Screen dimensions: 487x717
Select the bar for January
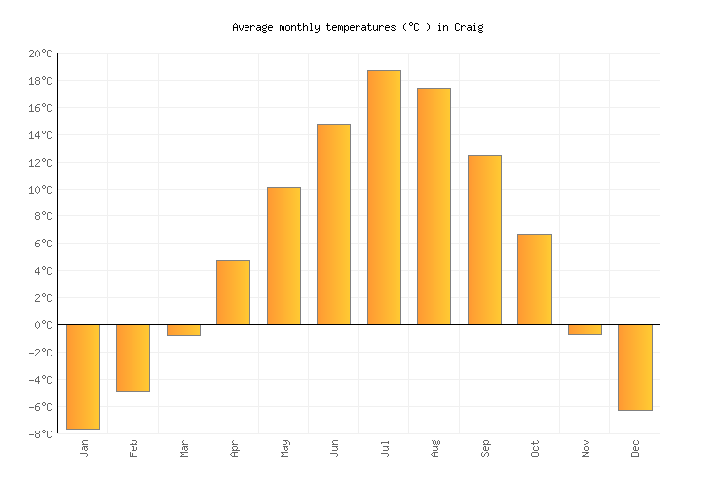pos(83,376)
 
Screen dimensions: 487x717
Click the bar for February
pos(132,357)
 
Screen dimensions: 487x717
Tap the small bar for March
pos(183,330)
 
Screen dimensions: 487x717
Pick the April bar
pos(233,292)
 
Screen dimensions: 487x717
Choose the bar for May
pos(283,255)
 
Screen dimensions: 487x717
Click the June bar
pos(333,224)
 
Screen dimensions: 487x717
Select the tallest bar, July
pos(384,197)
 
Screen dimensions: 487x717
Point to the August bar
pos(434,206)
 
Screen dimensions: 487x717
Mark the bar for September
pos(484,240)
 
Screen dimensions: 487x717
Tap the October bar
pos(534,279)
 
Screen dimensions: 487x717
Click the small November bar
pos(585,329)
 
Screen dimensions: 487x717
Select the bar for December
pos(634,367)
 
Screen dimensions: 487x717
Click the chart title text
pos(358,27)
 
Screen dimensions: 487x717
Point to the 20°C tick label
pos(39,54)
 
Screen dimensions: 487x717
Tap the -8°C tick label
pos(39,433)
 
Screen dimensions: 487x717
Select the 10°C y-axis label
pos(39,190)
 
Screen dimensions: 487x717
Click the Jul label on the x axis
pos(385,448)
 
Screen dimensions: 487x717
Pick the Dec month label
pos(635,448)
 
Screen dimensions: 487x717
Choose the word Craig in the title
pos(468,27)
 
